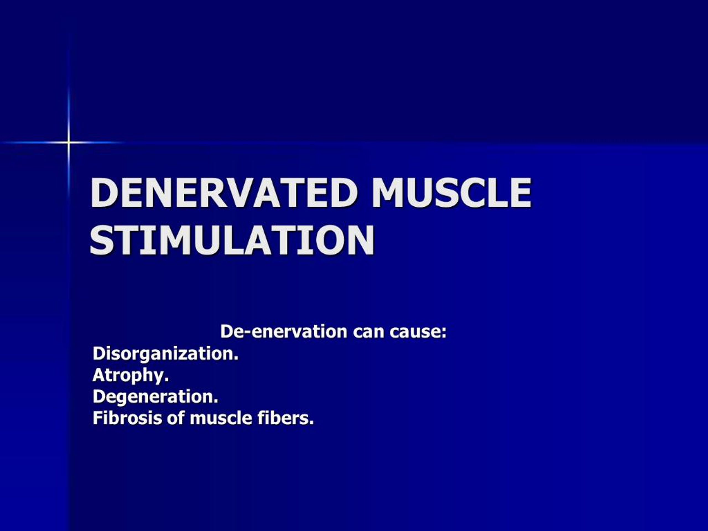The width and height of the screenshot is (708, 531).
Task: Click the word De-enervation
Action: [283, 332]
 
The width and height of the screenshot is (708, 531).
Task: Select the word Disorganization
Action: [165, 354]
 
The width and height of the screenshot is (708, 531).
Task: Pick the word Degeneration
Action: [155, 397]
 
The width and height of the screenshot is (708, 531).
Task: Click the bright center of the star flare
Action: [69, 142]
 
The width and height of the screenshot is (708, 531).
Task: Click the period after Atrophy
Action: [166, 380]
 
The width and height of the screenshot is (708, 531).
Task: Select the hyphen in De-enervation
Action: [247, 333]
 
